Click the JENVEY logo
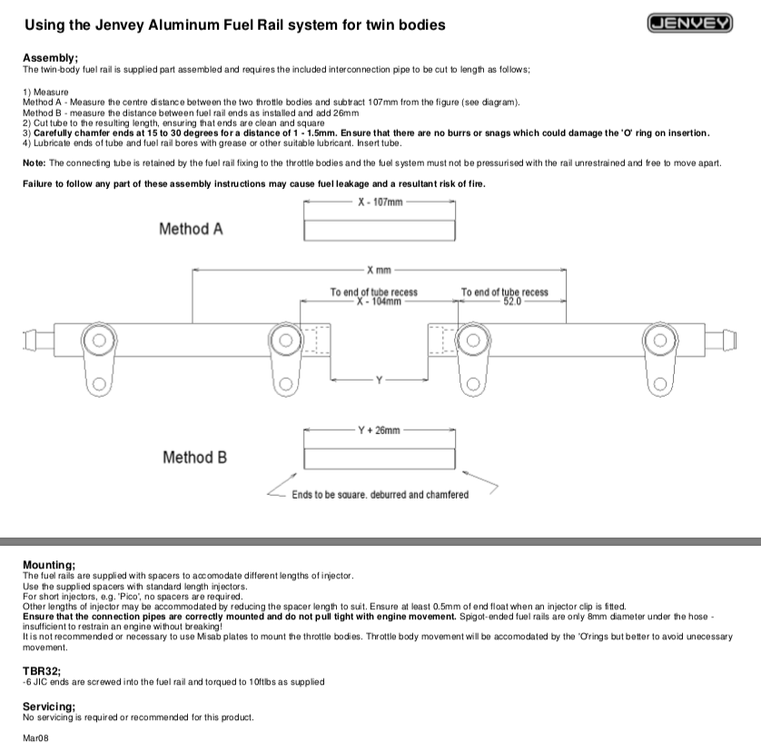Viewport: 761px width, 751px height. (690, 24)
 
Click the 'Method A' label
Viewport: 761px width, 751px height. (191, 229)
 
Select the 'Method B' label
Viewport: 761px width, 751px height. (194, 457)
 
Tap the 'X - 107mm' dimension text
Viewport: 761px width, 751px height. (380, 202)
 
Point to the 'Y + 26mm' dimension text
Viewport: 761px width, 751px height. (380, 430)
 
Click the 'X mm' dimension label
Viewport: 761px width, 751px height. (379, 271)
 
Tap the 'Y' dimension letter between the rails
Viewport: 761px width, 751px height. (379, 380)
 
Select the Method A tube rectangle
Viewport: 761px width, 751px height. (380, 230)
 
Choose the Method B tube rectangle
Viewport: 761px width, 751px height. (380, 458)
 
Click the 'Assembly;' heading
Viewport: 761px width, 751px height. (50, 58)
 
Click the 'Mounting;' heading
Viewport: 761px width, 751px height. (48, 565)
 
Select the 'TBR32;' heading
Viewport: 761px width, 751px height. (41, 671)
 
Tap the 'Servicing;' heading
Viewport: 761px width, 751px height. (49, 706)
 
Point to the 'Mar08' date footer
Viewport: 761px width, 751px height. (35, 737)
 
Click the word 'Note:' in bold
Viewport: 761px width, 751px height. (35, 163)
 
